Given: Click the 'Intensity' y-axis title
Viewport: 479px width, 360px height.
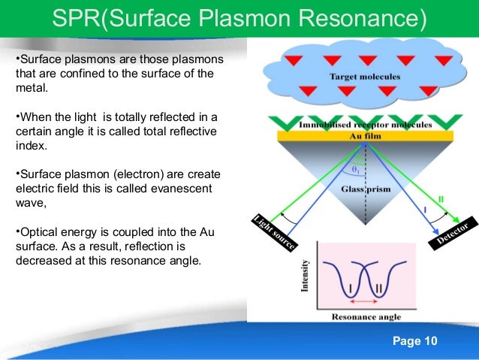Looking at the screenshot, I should coord(306,276).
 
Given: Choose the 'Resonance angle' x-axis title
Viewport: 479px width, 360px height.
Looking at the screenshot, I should coord(364,317).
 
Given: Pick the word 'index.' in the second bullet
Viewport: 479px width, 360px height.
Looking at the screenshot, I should coord(31,146).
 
